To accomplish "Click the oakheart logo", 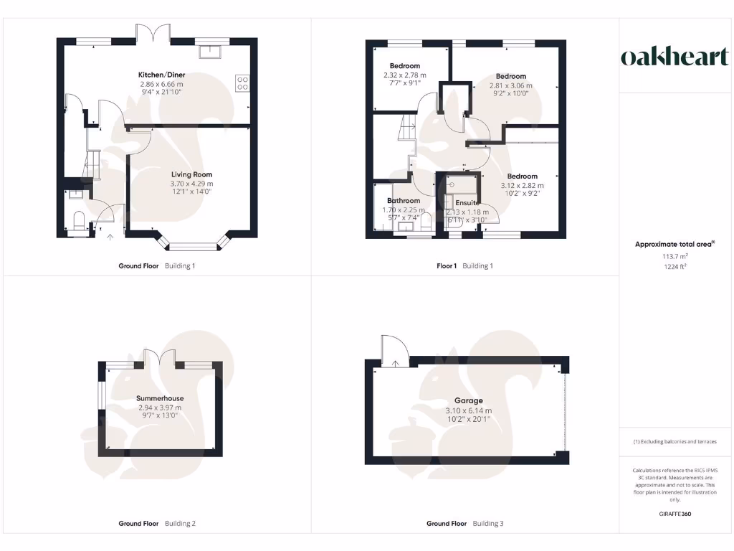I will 675,57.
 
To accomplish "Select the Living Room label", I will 191,174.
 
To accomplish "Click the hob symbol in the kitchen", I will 242,83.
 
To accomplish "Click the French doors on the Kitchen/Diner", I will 153,34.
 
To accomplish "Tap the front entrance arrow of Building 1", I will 110,235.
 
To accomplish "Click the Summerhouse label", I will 160,398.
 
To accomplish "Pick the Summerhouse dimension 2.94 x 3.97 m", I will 160,408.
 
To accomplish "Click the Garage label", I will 468,400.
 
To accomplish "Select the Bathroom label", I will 404,201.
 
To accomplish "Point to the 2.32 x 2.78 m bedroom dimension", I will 404,75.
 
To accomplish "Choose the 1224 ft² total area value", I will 674,265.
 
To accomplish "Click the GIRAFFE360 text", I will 675,514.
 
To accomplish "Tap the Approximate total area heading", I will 674,245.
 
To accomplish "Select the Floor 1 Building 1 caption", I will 465,265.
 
